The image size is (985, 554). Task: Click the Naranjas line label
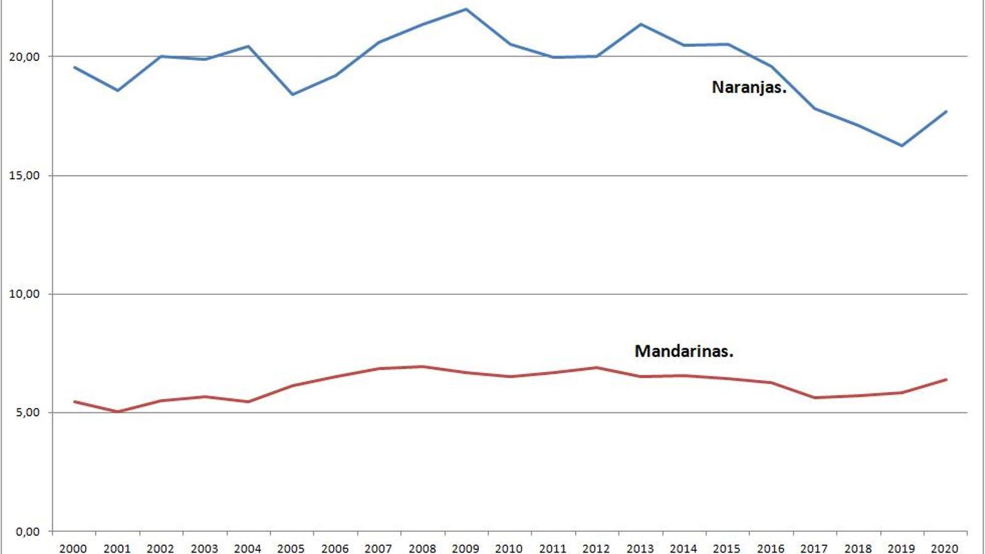coord(749,87)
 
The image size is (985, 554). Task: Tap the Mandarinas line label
coord(683,351)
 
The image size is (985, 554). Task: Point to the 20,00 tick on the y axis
coord(24,57)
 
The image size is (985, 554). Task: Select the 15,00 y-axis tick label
coord(24,175)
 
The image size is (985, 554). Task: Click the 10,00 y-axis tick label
coord(24,294)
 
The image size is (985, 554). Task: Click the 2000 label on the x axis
coord(73,548)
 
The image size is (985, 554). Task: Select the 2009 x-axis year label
coord(465,548)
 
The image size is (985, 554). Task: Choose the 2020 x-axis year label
coord(944,548)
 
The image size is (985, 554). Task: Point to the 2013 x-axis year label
coord(640,548)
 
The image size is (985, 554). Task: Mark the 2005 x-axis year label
coord(291,548)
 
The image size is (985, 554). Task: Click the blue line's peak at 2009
coord(466,9)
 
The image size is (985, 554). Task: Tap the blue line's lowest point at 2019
coord(902,146)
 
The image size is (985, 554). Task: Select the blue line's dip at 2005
coord(292,94)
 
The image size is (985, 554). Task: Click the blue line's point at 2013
coord(640,24)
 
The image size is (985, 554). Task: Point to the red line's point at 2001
coord(118,412)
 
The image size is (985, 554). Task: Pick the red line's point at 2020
coord(946,379)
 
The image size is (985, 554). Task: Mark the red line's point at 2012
coord(597,367)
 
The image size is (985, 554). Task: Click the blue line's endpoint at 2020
coord(946,111)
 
